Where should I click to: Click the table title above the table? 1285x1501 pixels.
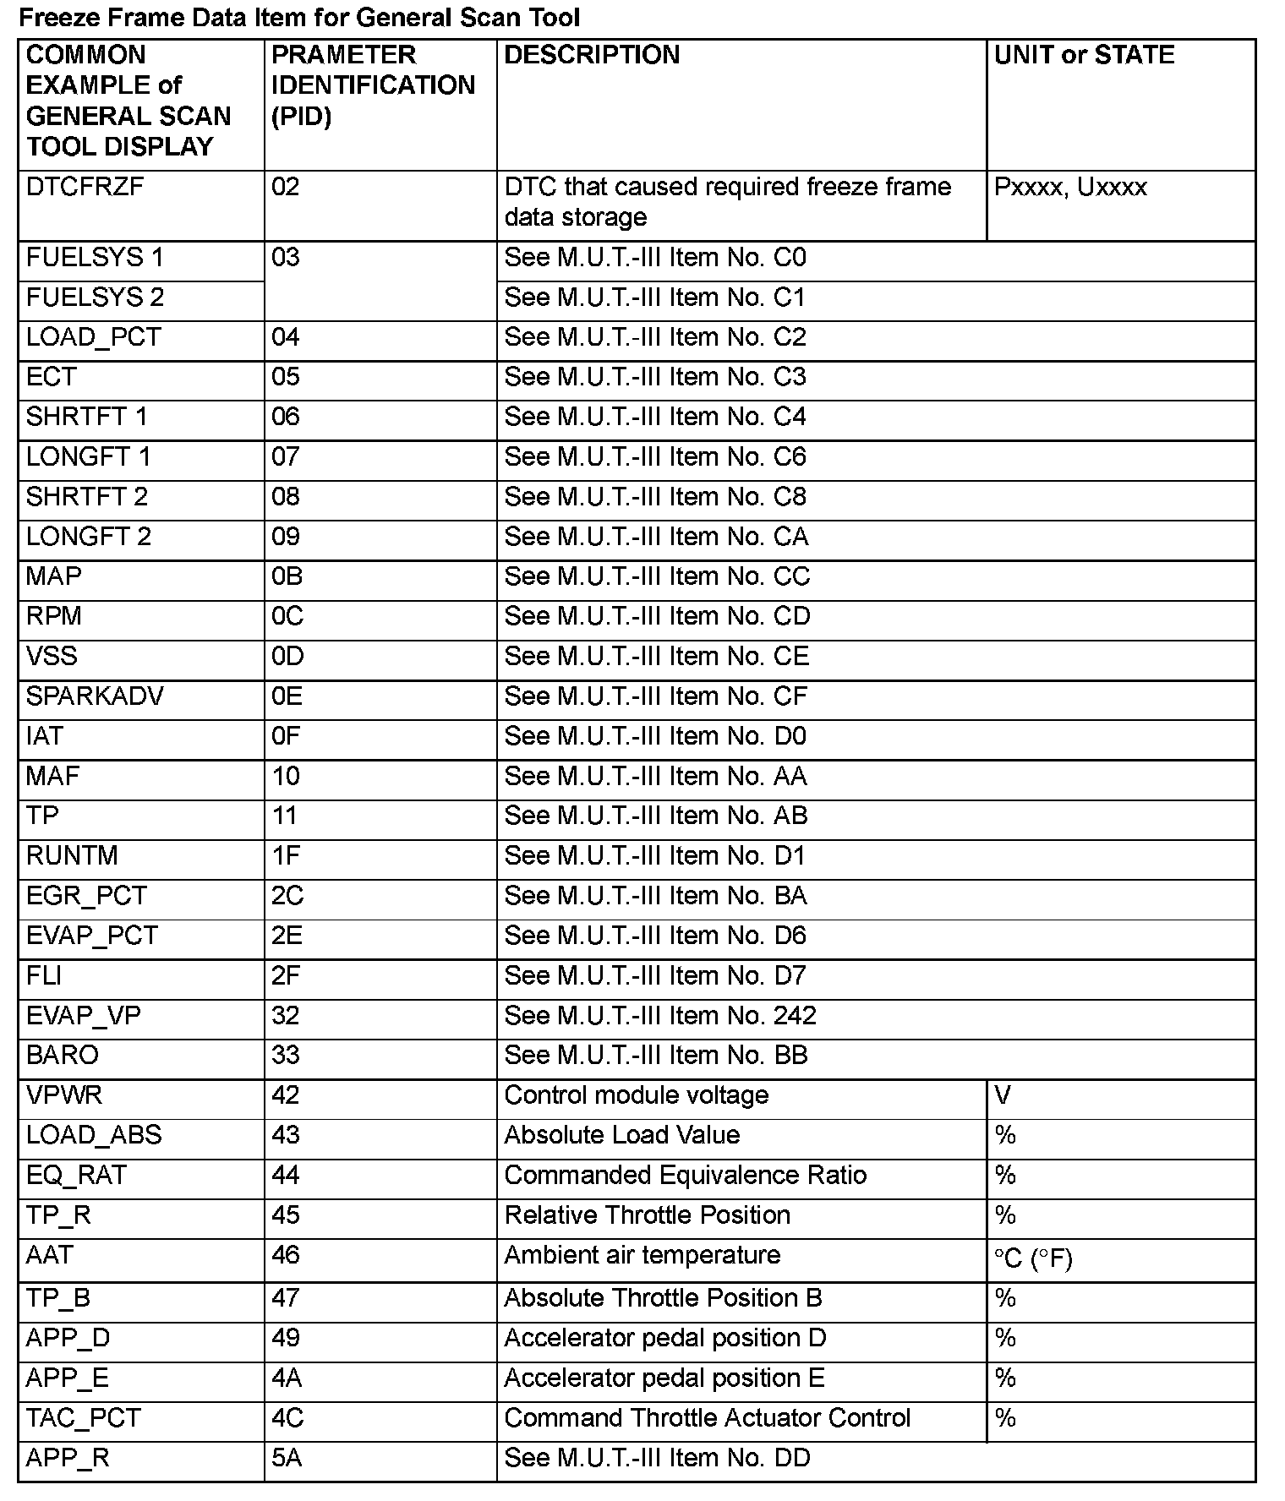click(299, 17)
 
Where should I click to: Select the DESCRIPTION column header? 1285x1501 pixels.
click(592, 55)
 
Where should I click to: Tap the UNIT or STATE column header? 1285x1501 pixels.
click(1084, 55)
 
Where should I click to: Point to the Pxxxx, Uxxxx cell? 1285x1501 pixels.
click(1070, 187)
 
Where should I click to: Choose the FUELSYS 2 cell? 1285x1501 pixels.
click(95, 297)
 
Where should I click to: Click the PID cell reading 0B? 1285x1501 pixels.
click(287, 576)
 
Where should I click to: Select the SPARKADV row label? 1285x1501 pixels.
click(95, 696)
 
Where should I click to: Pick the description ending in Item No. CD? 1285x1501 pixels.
click(657, 616)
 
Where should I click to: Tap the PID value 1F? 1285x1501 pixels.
click(286, 856)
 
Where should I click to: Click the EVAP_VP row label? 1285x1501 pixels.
click(84, 1016)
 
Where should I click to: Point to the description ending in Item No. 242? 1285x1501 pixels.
click(660, 1016)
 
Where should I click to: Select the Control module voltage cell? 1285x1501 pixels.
click(636, 1095)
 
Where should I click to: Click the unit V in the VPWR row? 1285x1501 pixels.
click(1003, 1095)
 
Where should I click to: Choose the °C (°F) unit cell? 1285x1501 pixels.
click(1033, 1259)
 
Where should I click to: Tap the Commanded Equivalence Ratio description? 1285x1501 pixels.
click(685, 1176)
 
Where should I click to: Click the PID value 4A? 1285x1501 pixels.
click(287, 1378)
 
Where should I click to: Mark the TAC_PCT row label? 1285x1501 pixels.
click(83, 1418)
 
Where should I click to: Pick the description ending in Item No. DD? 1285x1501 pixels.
click(657, 1458)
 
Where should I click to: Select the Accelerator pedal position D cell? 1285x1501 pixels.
click(664, 1339)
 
